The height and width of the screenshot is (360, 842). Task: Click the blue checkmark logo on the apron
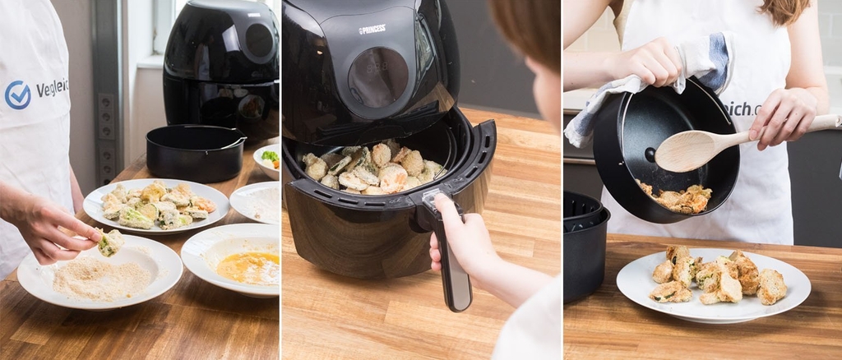(x=17, y=95)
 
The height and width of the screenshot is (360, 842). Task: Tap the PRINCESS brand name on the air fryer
(x=372, y=30)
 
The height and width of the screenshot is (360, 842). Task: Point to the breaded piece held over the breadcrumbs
(x=109, y=242)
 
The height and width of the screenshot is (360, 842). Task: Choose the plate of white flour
(x=257, y=201)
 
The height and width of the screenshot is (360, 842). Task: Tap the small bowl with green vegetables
(x=268, y=159)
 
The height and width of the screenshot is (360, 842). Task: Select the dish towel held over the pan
(x=650, y=82)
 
